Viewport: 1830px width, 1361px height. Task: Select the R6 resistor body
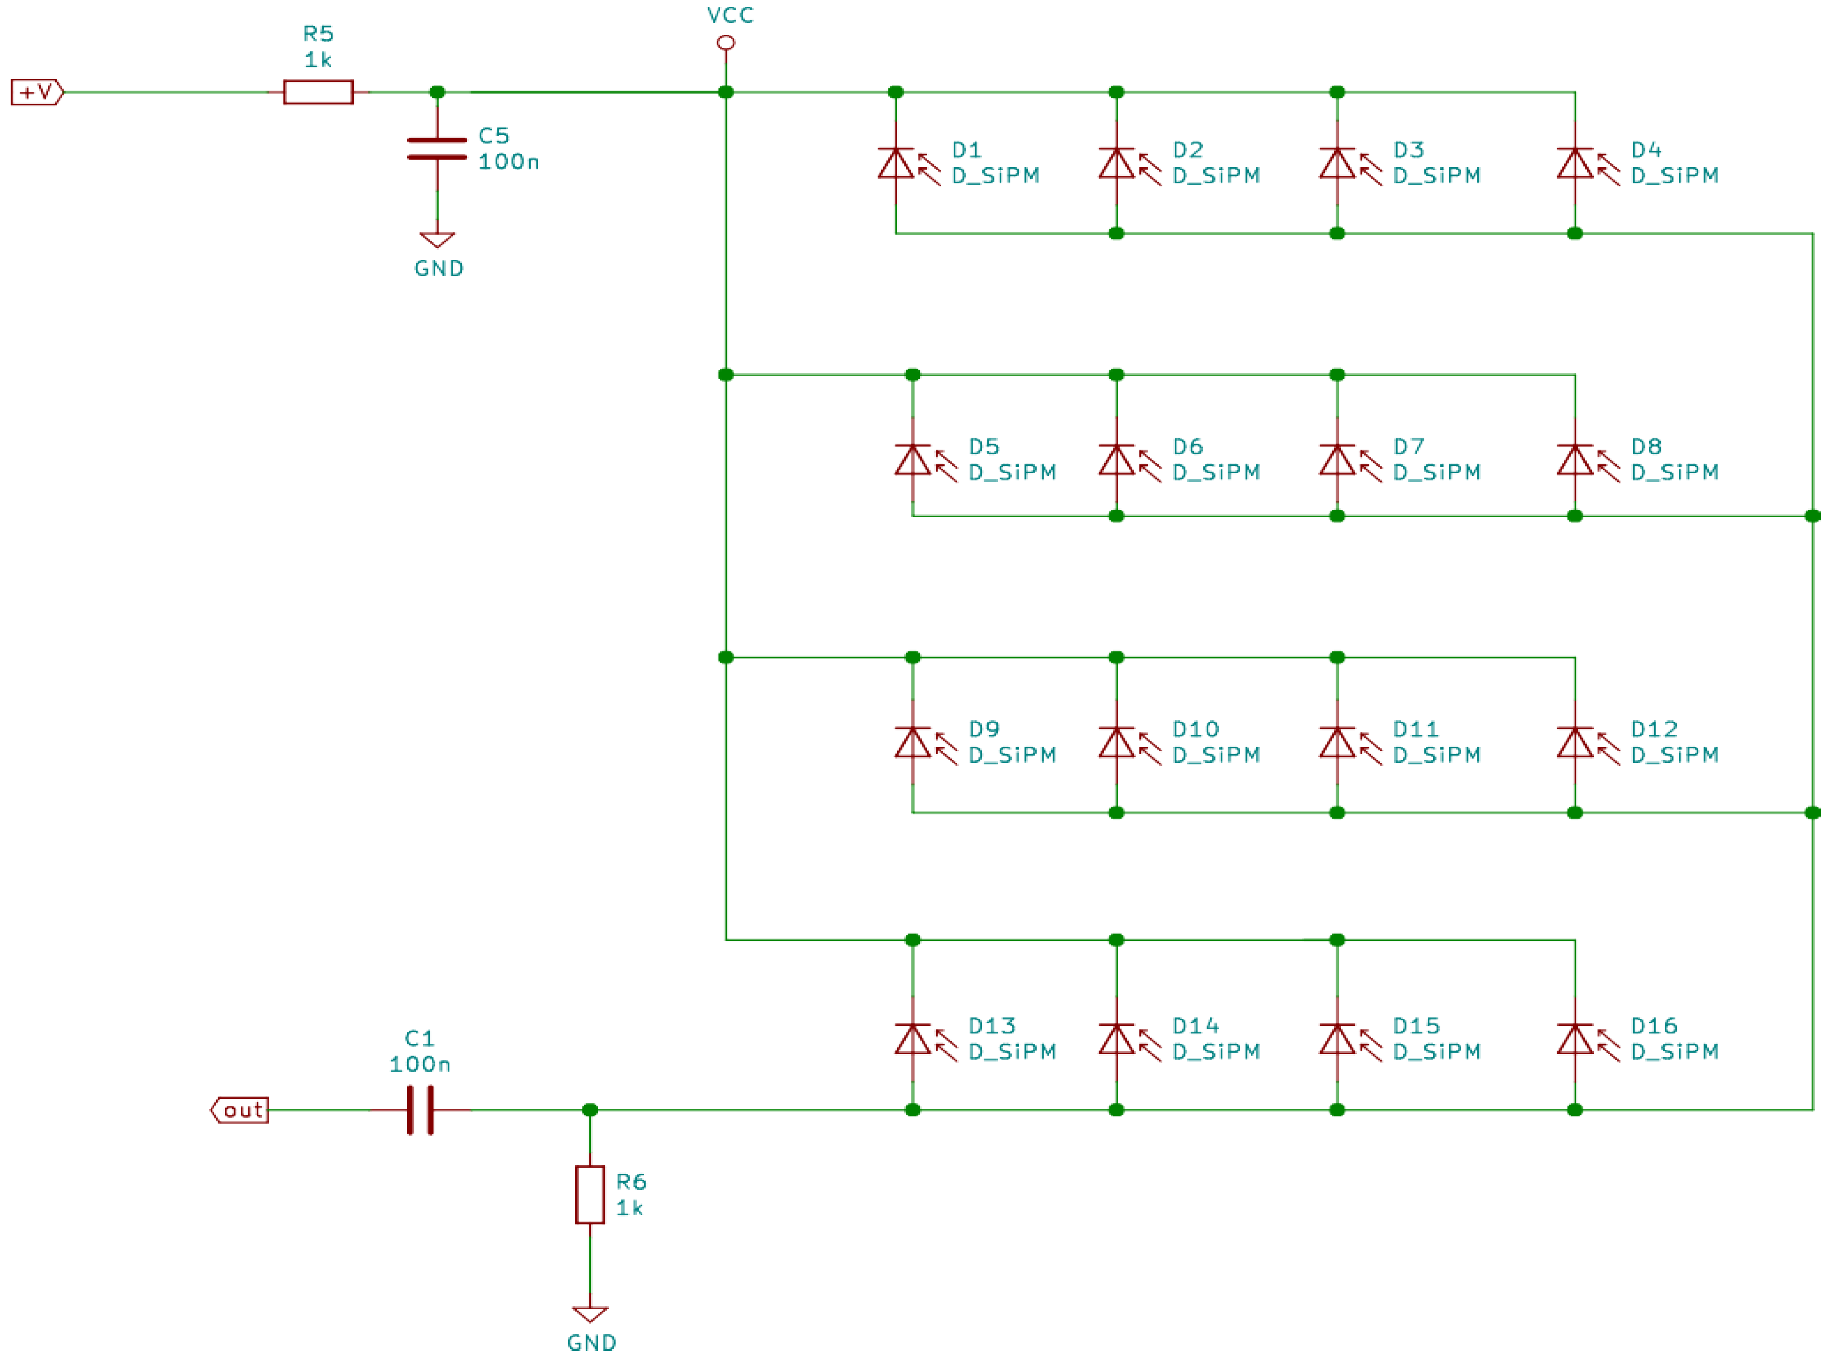590,1195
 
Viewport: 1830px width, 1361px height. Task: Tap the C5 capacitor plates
437,148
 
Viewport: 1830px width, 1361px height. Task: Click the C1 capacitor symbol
420,1110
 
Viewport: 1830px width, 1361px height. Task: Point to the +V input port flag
36,92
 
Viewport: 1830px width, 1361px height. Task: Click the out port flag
240,1110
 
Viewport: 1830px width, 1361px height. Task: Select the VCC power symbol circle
726,42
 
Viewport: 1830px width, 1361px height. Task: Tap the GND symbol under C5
437,240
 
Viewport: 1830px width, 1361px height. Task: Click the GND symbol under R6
590,1313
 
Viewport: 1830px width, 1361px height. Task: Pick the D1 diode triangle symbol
896,163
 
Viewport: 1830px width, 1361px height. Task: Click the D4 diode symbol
1575,163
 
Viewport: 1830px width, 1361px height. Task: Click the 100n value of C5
508,161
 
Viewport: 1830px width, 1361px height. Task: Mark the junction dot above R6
590,1110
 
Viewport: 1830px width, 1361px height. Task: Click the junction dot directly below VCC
726,92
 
